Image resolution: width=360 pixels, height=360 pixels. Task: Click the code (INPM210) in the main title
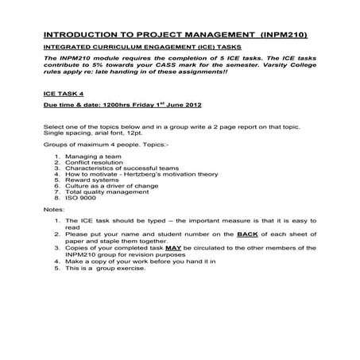(x=279, y=35)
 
